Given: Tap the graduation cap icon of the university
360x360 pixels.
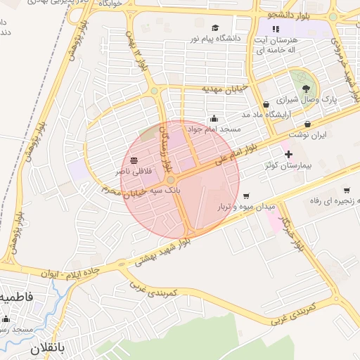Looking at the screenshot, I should point(215,29).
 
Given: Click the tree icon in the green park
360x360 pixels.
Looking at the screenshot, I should point(306,89).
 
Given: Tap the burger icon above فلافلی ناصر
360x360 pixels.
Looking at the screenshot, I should point(134,160).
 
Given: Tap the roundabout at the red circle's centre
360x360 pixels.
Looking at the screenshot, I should point(171,180).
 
